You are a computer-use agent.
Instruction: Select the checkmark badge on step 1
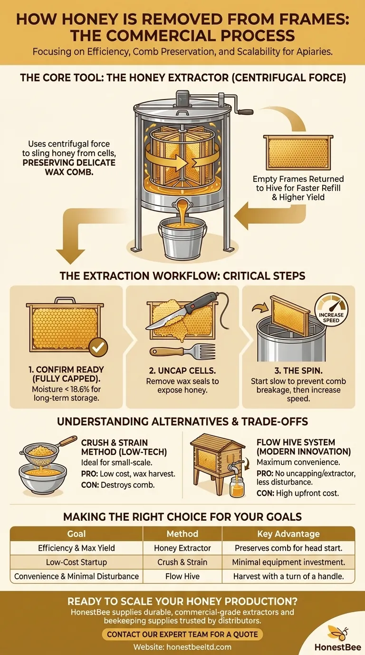(98, 347)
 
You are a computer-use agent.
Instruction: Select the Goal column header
(77, 534)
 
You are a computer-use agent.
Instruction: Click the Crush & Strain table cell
(182, 562)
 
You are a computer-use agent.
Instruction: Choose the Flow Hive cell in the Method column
(182, 576)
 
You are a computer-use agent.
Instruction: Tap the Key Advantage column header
(288, 534)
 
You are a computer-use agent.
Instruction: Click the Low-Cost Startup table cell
(77, 562)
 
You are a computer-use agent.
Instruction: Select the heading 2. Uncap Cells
(182, 370)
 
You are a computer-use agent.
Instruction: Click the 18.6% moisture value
(85, 389)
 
